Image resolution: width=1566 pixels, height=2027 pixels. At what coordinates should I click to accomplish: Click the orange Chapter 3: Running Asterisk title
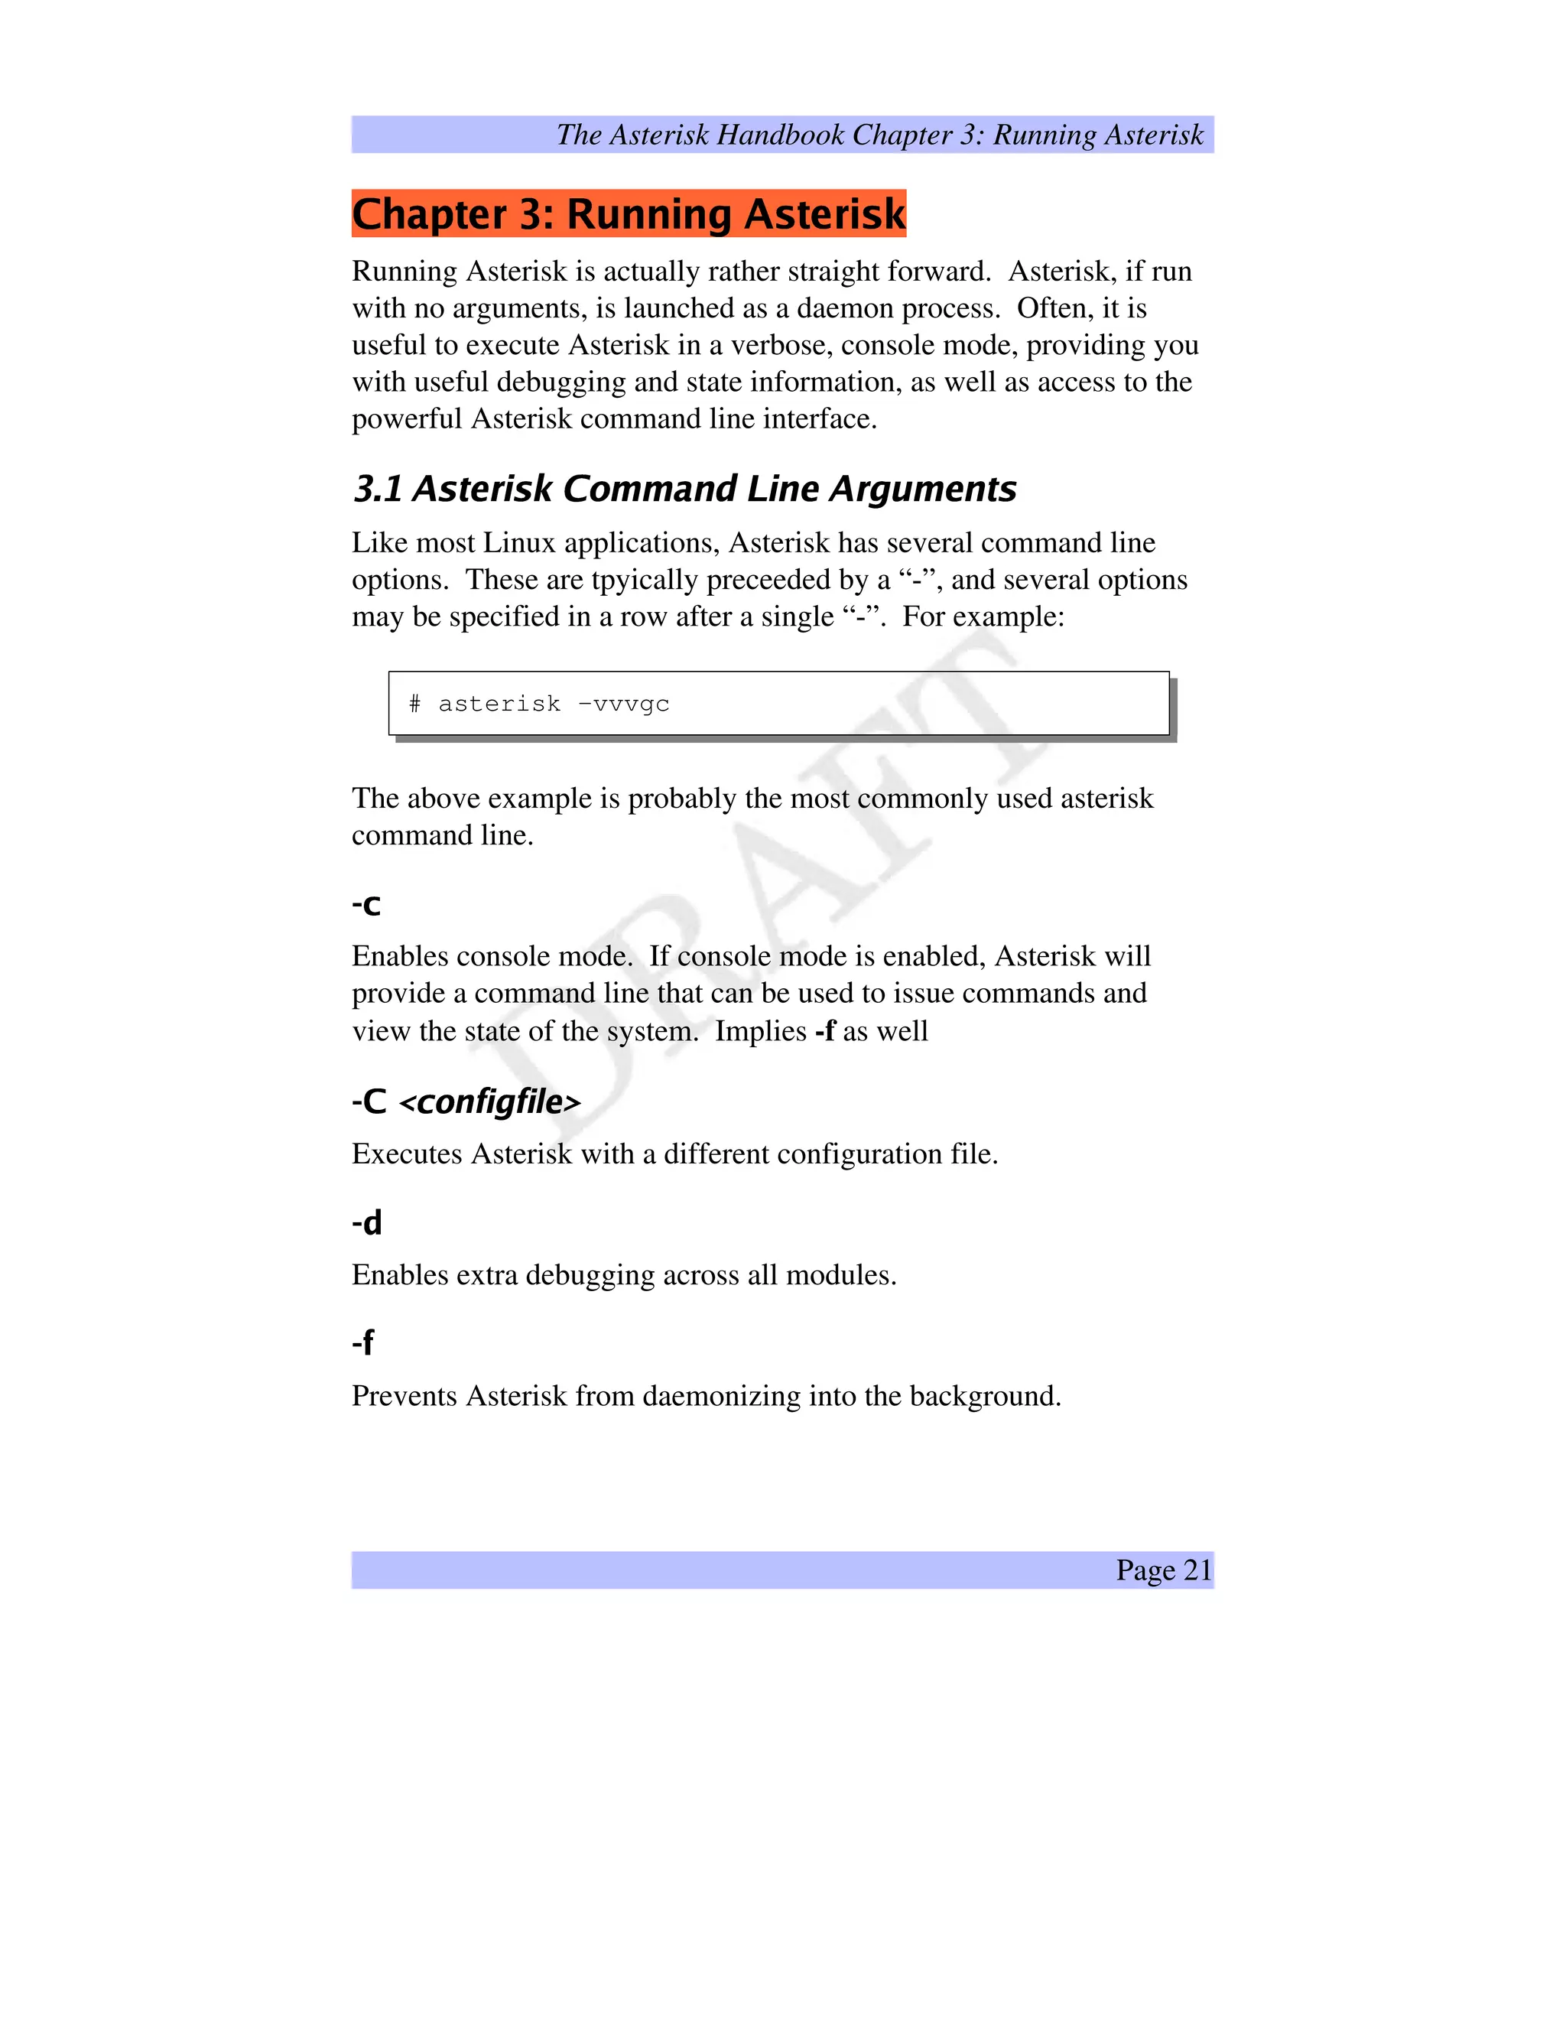[628, 213]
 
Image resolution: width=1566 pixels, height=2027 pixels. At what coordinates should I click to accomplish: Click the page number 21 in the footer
[1197, 1570]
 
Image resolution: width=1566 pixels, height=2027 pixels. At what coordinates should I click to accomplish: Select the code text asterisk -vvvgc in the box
[554, 704]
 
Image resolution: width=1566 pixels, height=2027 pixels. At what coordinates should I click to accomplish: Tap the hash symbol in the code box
[414, 704]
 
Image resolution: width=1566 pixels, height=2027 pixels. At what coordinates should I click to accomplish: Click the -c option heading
[366, 904]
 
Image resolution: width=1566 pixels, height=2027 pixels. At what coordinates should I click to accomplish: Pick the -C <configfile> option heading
[466, 1101]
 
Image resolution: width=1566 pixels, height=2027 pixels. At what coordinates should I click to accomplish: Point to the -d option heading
[366, 1222]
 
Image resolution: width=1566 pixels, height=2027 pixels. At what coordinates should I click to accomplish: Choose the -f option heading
[362, 1342]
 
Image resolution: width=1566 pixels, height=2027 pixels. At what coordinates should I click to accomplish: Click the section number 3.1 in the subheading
[378, 489]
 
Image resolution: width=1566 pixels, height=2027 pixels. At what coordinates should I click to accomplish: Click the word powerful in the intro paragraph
[406, 419]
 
